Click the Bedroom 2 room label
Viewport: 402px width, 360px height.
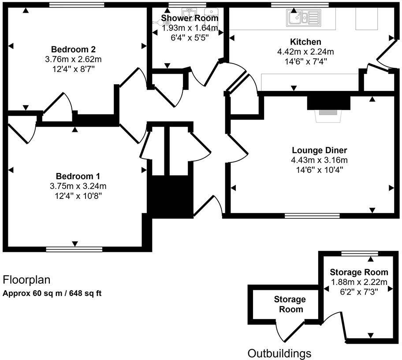click(74, 49)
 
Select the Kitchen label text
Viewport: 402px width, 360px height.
click(305, 42)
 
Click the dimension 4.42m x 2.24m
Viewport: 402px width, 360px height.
click(305, 52)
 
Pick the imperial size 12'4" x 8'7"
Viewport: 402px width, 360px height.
click(74, 68)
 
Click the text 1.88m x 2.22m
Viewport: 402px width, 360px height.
click(359, 282)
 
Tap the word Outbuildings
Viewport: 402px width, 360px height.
click(279, 353)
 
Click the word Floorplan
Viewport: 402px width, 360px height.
click(26, 280)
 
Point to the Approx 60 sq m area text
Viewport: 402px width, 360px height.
click(52, 293)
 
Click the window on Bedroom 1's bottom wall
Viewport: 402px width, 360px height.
click(74, 249)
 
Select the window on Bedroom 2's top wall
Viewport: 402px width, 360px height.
click(77, 5)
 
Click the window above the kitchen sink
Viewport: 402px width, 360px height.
click(300, 5)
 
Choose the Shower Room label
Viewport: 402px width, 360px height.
click(190, 18)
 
